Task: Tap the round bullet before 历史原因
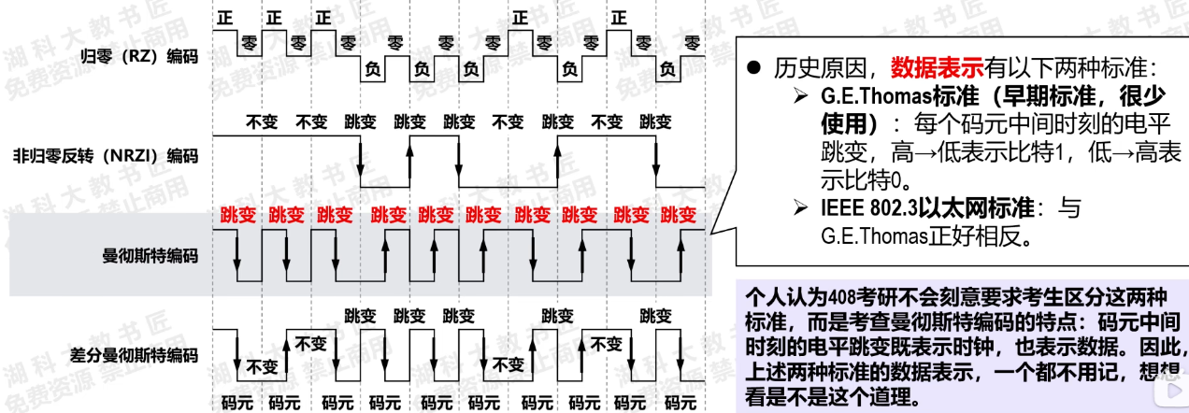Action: pos(755,68)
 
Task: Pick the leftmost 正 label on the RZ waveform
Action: pos(224,17)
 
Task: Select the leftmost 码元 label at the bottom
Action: pos(236,404)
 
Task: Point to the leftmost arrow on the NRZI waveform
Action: pos(362,159)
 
